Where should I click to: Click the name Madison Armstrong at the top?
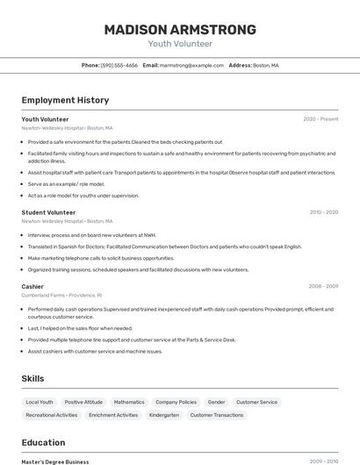pos(180,30)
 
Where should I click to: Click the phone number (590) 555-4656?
pos(119,65)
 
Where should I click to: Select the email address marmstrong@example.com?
pos(191,65)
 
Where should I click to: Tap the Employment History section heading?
pos(65,100)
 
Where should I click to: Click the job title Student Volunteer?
pos(48,212)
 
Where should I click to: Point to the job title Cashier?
pos(32,286)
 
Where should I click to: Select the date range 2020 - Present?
pos(320,119)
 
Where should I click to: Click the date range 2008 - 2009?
pos(322,286)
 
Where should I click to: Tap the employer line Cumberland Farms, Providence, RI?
pos(61,296)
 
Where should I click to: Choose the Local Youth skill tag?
pos(40,402)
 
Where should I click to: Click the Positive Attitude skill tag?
pos(83,402)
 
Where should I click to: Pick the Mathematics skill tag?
pos(129,402)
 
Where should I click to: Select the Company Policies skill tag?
pos(176,402)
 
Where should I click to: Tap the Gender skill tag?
pos(216,402)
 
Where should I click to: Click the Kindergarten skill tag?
pos(164,415)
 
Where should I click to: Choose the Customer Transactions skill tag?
pos(217,415)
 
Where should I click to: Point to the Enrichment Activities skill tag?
pos(113,415)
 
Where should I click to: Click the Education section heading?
pos(43,442)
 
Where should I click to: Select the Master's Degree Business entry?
pos(55,461)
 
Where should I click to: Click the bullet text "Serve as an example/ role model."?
pos(66,184)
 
